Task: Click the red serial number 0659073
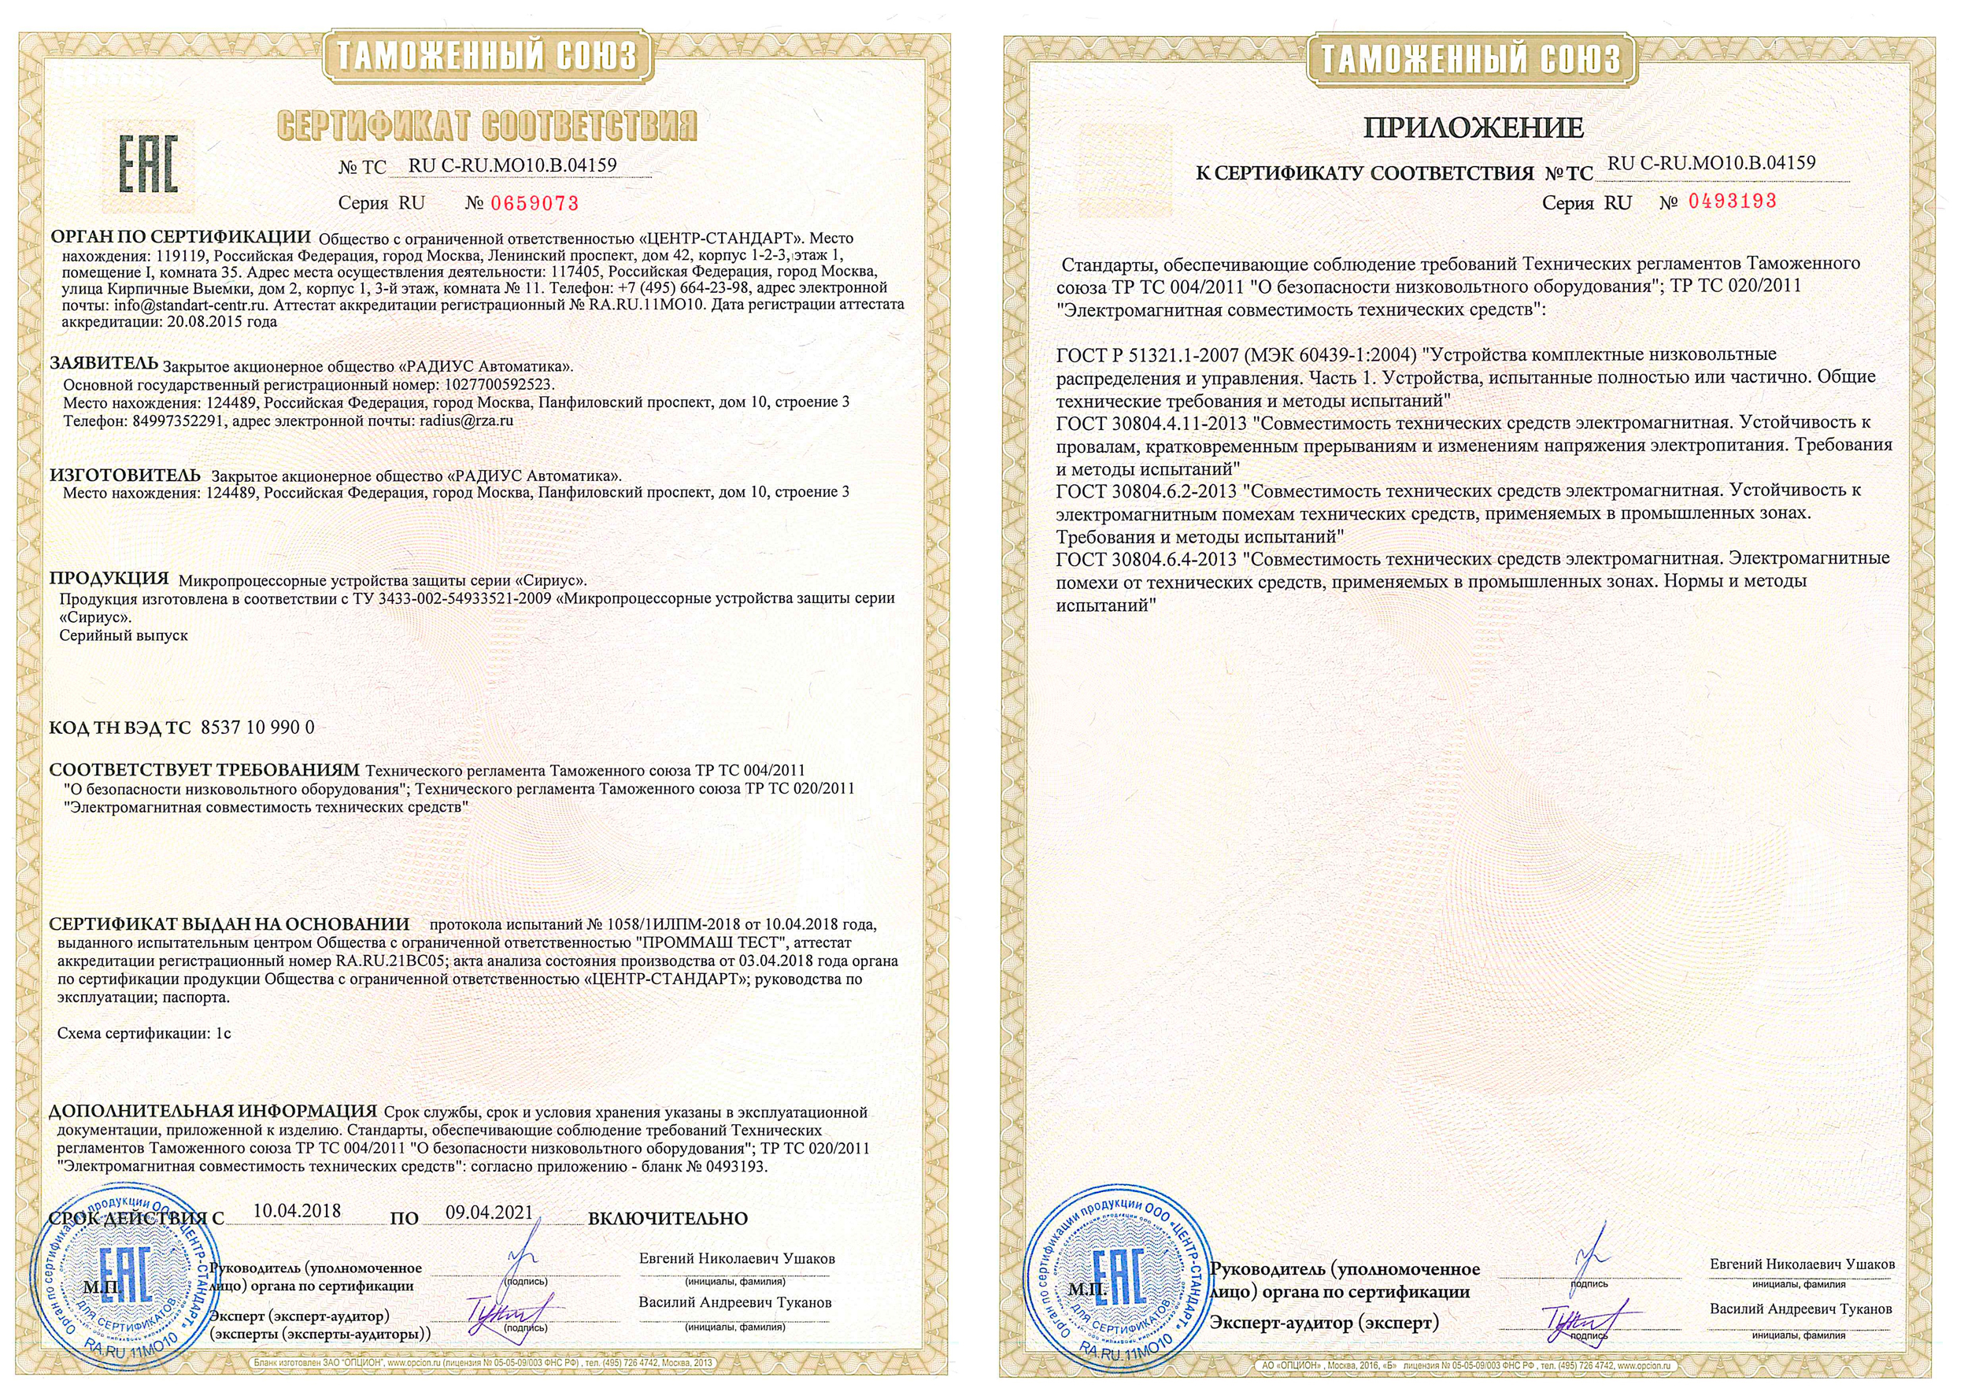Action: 534,204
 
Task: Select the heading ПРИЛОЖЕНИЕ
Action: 1473,128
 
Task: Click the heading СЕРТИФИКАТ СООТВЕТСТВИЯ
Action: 486,126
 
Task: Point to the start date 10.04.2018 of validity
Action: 297,1211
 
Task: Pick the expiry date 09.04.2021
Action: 489,1212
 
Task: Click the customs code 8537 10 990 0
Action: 257,727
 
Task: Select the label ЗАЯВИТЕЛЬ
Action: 104,364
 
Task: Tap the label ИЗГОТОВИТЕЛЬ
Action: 124,475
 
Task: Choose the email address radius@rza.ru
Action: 466,421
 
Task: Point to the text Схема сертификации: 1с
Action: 144,1033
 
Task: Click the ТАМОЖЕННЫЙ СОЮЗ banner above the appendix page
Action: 1470,59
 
